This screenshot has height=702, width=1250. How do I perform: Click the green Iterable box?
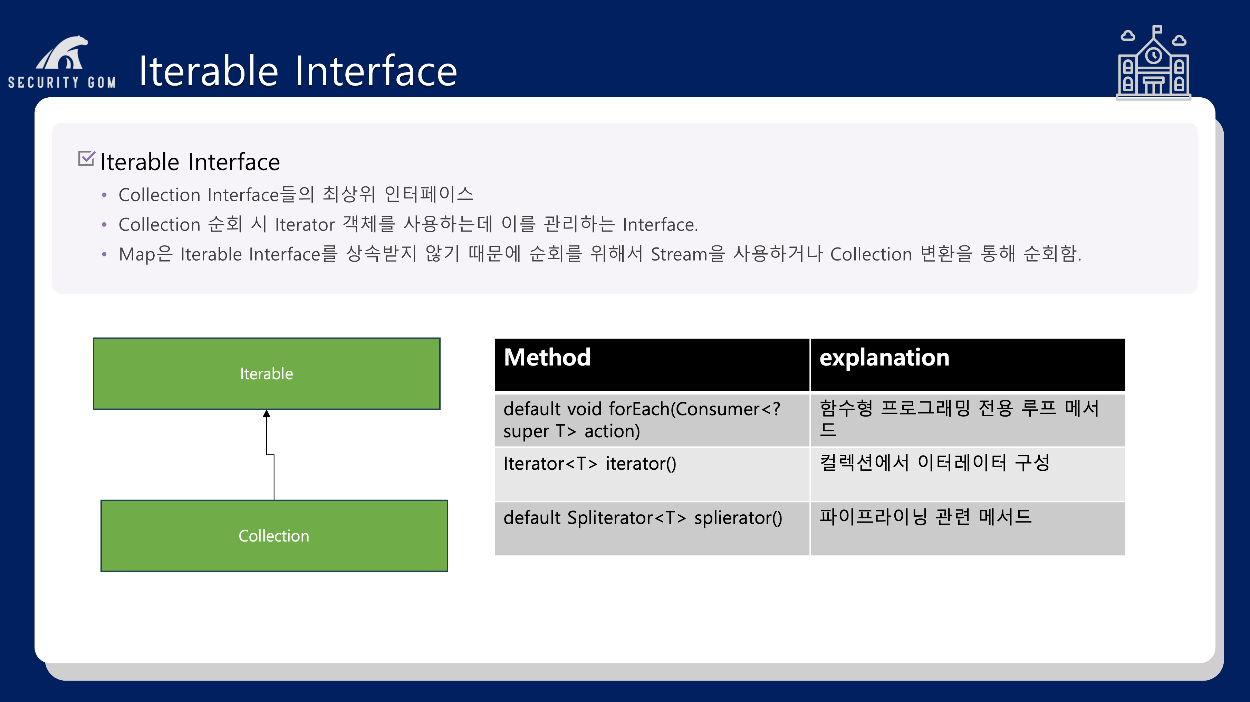click(266, 373)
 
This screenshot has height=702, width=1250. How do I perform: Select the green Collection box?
click(274, 536)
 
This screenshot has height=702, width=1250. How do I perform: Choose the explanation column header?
click(968, 364)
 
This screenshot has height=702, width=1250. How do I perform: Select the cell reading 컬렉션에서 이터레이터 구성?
click(968, 474)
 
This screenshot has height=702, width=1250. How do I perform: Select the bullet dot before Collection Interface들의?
click(104, 195)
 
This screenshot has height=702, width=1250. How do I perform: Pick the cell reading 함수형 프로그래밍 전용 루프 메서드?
click(968, 420)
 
